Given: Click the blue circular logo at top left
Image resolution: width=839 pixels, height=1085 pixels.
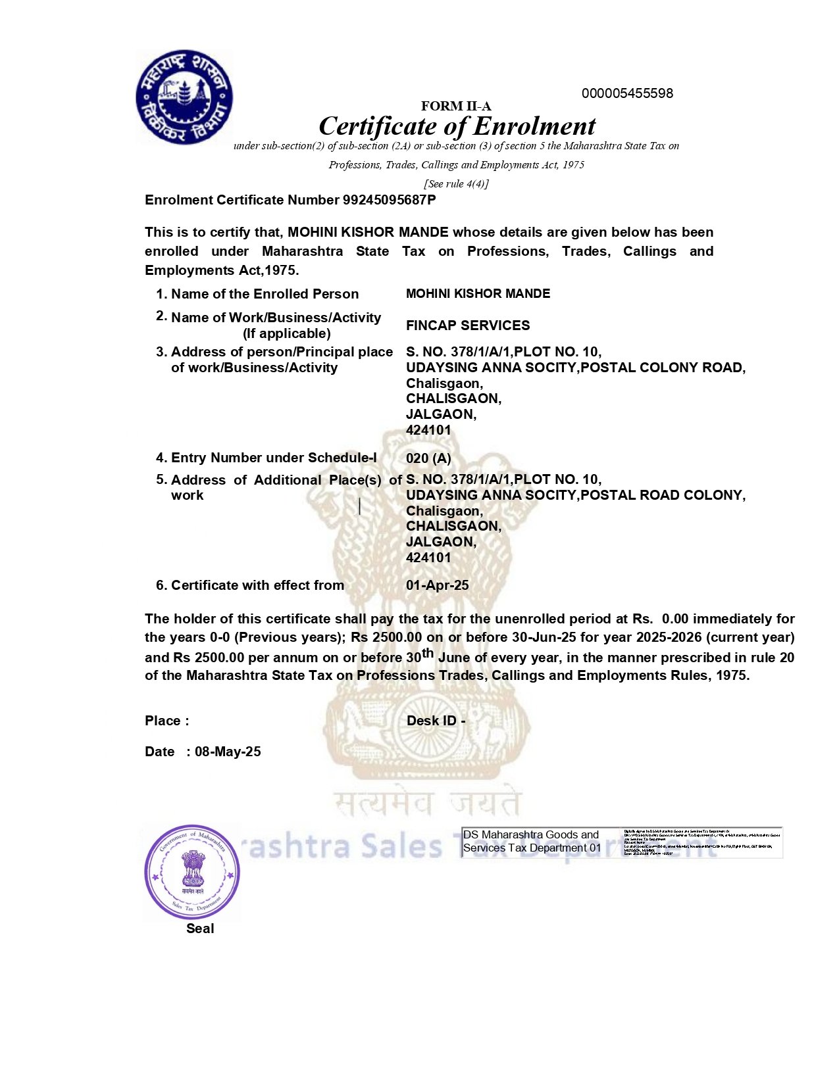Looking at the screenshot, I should pyautogui.click(x=184, y=97).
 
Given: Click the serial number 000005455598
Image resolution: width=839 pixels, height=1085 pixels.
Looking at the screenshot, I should pyautogui.click(x=627, y=93).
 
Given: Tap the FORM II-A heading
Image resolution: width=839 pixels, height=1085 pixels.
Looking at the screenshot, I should pyautogui.click(x=456, y=107).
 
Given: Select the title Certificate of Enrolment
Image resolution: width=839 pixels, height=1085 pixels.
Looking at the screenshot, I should pyautogui.click(x=457, y=126).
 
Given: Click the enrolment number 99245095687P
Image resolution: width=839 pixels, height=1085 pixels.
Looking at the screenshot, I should pyautogui.click(x=389, y=200).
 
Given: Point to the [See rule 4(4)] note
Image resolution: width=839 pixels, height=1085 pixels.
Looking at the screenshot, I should pyautogui.click(x=456, y=184).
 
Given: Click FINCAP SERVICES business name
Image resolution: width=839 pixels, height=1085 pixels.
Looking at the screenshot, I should pyautogui.click(x=467, y=325).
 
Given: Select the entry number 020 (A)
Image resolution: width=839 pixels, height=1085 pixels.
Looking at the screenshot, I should pyautogui.click(x=428, y=458).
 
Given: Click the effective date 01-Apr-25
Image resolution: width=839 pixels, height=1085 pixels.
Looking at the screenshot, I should pyautogui.click(x=437, y=585).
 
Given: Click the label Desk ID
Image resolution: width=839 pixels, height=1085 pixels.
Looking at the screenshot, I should pyautogui.click(x=435, y=721).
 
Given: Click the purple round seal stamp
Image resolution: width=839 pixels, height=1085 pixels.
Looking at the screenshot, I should pyautogui.click(x=192, y=873).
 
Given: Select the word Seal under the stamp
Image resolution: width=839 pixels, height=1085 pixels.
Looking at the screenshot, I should pyautogui.click(x=200, y=928).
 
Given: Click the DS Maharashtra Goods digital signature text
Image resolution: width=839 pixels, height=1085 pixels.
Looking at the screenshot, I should pyautogui.click(x=532, y=842).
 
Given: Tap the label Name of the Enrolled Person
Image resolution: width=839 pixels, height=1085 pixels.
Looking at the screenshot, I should pyautogui.click(x=265, y=294).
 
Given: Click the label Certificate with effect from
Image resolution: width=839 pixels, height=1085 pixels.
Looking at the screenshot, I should pyautogui.click(x=257, y=585).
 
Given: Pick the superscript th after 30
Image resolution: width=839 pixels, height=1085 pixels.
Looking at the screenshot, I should pyautogui.click(x=428, y=653).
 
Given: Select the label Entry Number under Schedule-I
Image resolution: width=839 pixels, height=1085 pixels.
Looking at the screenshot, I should pyautogui.click(x=274, y=458).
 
